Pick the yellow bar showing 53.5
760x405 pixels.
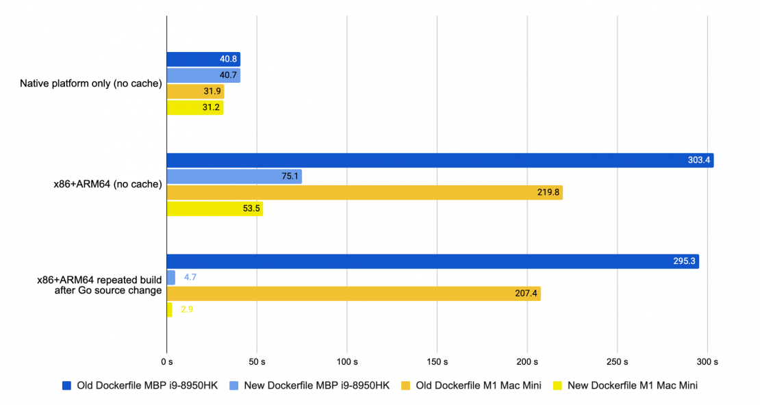214,209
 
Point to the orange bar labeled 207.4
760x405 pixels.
353,293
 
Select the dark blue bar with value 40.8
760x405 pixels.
203,60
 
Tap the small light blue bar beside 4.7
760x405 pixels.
170,277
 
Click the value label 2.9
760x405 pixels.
188,310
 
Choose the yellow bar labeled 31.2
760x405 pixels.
195,107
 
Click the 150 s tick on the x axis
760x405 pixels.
437,361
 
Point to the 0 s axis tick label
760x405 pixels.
167,361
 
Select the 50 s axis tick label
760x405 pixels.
257,361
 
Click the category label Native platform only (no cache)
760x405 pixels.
90,84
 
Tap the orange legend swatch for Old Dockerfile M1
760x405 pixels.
409,385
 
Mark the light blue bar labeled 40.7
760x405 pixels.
203,75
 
